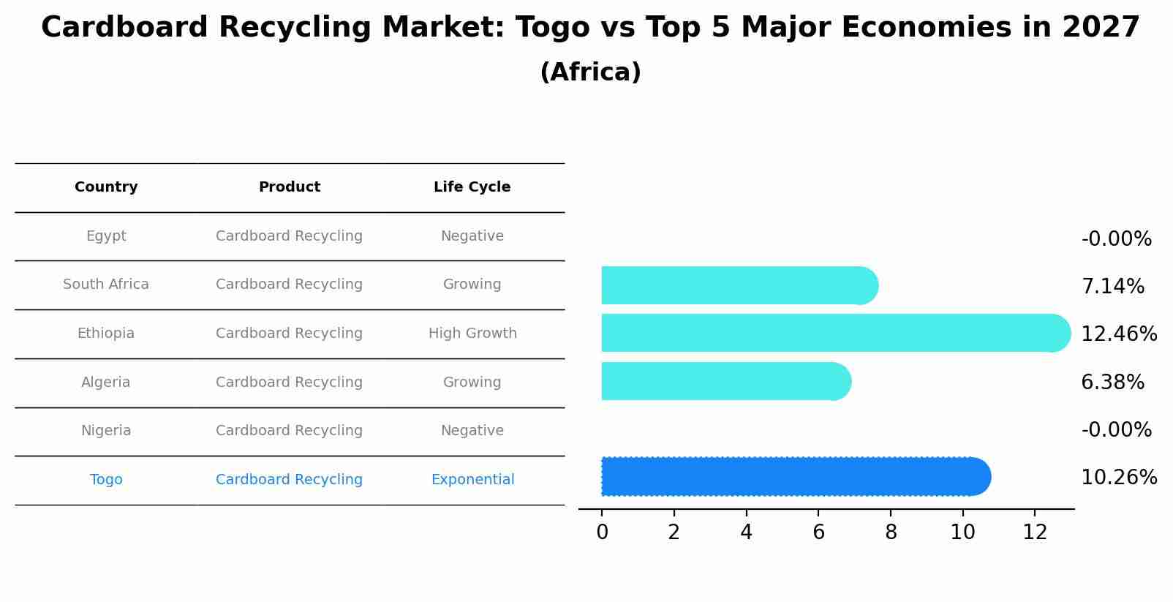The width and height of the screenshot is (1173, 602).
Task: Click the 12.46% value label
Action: pyautogui.click(x=1118, y=334)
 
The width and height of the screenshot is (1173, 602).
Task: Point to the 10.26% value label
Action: pyautogui.click(x=1118, y=478)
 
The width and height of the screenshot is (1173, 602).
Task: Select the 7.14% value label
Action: pyautogui.click(x=1112, y=287)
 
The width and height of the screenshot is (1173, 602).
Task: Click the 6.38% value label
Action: pyautogui.click(x=1112, y=383)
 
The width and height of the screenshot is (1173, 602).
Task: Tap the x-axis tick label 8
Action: pyautogui.click(x=891, y=533)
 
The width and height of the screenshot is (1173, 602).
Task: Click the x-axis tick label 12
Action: pyautogui.click(x=1035, y=533)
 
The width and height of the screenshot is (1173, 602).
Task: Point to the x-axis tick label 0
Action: pyautogui.click(x=602, y=533)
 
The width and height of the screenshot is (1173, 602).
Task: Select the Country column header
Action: pyautogui.click(x=106, y=187)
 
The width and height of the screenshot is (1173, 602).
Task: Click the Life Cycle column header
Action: pyautogui.click(x=472, y=187)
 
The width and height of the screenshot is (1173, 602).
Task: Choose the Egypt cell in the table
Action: pyautogui.click(x=106, y=236)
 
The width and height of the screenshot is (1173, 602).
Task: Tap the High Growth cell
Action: pyautogui.click(x=472, y=334)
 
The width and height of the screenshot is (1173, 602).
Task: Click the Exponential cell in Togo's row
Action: pyautogui.click(x=472, y=480)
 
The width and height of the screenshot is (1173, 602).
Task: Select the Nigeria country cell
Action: pyautogui.click(x=106, y=431)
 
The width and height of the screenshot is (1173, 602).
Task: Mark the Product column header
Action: pyautogui.click(x=289, y=187)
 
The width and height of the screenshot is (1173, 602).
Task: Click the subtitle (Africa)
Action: pyautogui.click(x=590, y=72)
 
